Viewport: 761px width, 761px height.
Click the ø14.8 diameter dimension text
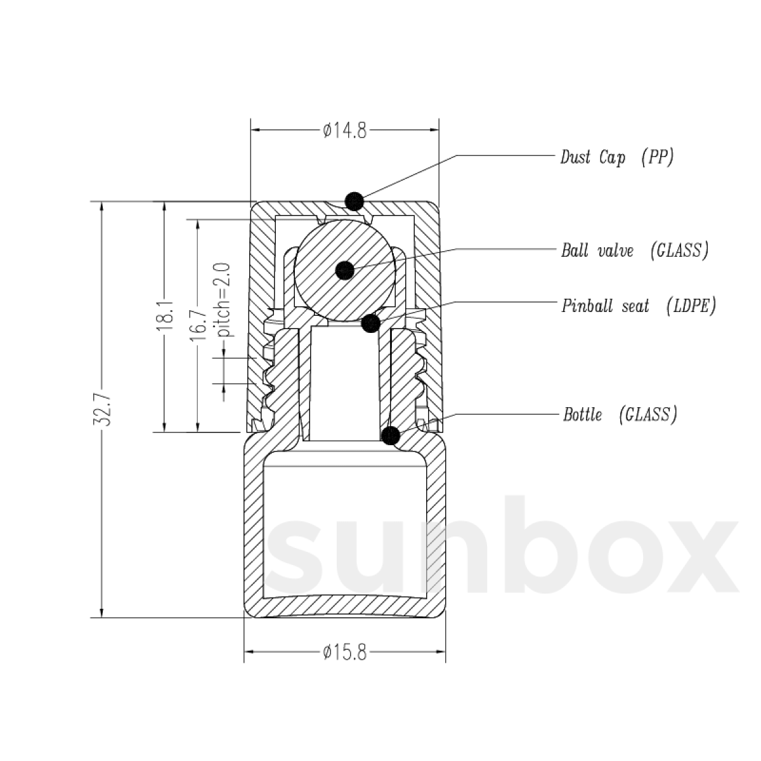pyautogui.click(x=344, y=131)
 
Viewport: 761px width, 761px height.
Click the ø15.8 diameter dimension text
pyautogui.click(x=344, y=653)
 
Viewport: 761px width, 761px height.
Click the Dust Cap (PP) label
pyautogui.click(x=616, y=157)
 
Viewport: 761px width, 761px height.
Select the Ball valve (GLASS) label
pyautogui.click(x=634, y=250)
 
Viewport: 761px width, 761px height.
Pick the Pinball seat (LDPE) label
pyautogui.click(x=639, y=306)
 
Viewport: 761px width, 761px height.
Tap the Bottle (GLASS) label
pyautogui.click(x=620, y=415)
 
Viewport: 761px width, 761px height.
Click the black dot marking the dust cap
pyautogui.click(x=354, y=201)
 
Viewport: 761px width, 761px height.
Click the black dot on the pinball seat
pyautogui.click(x=370, y=323)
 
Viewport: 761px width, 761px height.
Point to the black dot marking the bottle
pyautogui.click(x=391, y=436)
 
